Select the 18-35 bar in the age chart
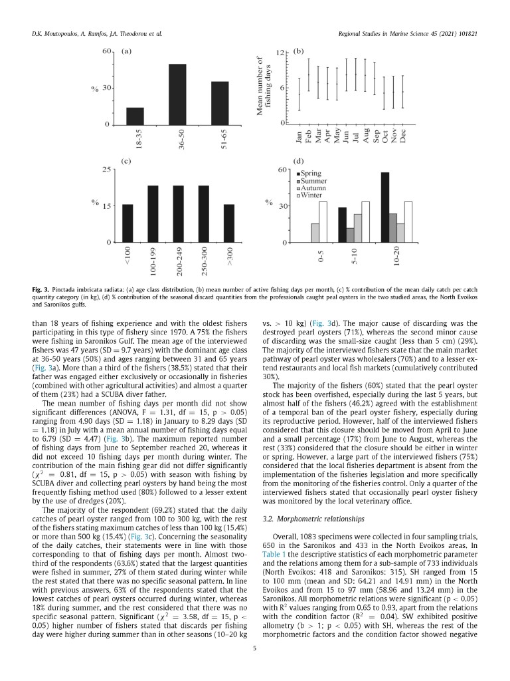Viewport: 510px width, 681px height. point(135,116)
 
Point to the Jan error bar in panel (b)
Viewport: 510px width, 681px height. point(299,93)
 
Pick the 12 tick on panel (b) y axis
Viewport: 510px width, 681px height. point(281,52)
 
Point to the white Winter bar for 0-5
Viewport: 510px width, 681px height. point(323,222)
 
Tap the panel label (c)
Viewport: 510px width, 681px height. point(126,162)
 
